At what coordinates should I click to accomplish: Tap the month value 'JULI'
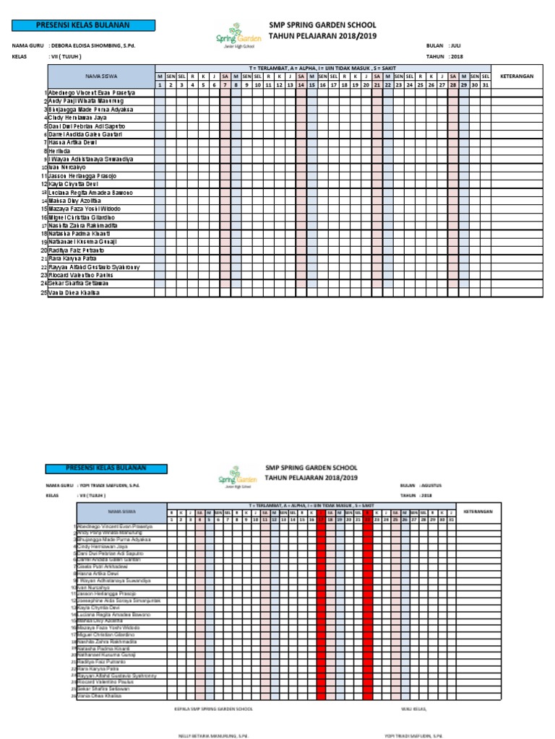tap(455, 45)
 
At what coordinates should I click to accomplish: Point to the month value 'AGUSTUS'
tap(437, 485)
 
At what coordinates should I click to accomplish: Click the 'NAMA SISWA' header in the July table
tap(101, 75)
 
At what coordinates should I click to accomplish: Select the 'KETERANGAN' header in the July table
tap(517, 75)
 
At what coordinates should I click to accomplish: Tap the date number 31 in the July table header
tap(485, 84)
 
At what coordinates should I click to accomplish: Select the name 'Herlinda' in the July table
tap(60, 151)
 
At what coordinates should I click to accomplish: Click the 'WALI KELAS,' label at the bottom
tap(412, 709)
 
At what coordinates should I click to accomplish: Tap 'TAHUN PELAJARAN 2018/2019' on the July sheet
tap(322, 35)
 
